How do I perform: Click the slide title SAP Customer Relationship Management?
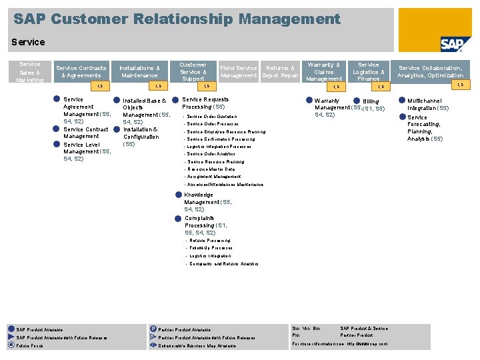click(x=177, y=19)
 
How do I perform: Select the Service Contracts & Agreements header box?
click(x=81, y=71)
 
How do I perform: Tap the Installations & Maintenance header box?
click(x=139, y=71)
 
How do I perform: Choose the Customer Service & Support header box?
click(x=193, y=71)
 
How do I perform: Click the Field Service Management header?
click(x=239, y=71)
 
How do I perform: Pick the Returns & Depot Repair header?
click(x=280, y=71)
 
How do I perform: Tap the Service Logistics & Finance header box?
click(x=368, y=71)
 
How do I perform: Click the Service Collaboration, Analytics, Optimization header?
click(x=431, y=71)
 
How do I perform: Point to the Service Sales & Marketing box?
click(x=29, y=71)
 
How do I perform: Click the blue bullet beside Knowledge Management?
click(x=178, y=195)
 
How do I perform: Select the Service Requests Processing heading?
click(x=205, y=103)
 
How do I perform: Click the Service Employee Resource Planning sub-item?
click(x=226, y=132)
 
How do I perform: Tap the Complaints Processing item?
click(x=200, y=225)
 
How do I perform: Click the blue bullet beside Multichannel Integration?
click(x=401, y=101)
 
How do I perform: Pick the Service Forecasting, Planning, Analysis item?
click(x=425, y=128)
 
